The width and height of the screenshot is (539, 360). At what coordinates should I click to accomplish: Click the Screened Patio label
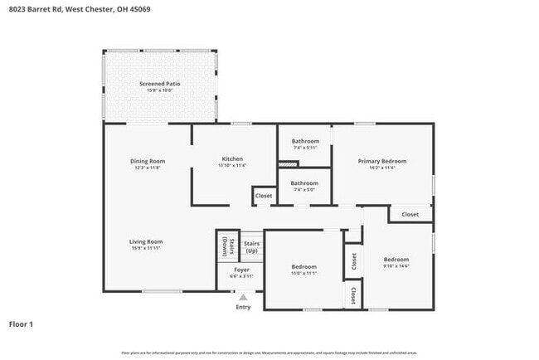pos(160,84)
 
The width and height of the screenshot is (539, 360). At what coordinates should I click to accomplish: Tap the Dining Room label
pos(148,161)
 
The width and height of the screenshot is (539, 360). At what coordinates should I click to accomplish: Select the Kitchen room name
pos(231,158)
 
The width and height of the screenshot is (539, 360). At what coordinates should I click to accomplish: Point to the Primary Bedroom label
pos(381,161)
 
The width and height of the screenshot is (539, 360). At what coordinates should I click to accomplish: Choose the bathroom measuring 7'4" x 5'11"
pos(304,141)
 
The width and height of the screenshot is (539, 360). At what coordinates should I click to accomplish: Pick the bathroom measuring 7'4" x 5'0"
pos(304,182)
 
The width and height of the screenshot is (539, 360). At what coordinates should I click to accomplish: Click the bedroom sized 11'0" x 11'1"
pos(304,268)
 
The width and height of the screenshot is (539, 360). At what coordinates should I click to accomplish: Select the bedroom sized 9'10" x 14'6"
pos(396,260)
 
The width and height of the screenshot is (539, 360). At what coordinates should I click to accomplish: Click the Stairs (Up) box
pos(251,246)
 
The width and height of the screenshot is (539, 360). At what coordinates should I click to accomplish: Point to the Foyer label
pos(241,270)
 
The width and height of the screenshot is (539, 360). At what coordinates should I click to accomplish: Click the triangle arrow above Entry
pos(243,296)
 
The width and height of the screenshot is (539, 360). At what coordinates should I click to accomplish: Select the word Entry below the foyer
pos(243,307)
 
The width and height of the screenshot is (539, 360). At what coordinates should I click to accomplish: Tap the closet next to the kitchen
pos(264,197)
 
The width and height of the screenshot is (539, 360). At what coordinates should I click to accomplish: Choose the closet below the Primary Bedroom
pos(410,214)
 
